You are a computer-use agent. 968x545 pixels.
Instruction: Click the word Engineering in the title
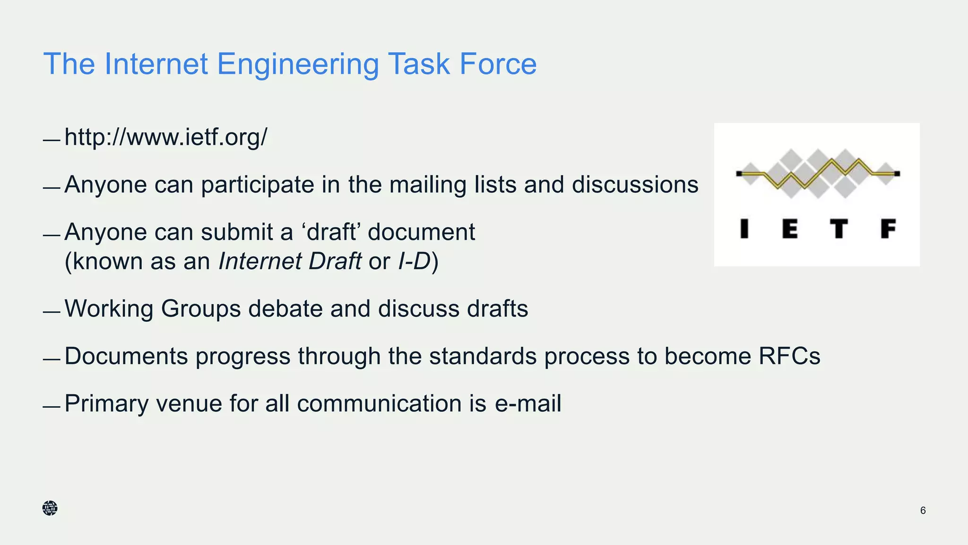[x=298, y=64]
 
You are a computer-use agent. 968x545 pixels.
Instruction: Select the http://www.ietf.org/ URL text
[x=165, y=137]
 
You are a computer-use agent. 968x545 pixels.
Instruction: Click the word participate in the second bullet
[x=257, y=185]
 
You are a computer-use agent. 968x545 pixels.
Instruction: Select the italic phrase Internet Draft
[x=290, y=261]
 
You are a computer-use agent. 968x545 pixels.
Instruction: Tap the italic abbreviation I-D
[x=415, y=261]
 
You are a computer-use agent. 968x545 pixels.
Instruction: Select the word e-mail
[x=528, y=404]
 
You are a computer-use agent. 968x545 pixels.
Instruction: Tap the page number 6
[x=923, y=510]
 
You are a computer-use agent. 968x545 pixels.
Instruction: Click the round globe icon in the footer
[x=50, y=508]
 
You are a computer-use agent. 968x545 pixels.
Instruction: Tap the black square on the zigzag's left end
[x=739, y=174]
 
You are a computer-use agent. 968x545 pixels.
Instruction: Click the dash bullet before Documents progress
[x=51, y=360]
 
